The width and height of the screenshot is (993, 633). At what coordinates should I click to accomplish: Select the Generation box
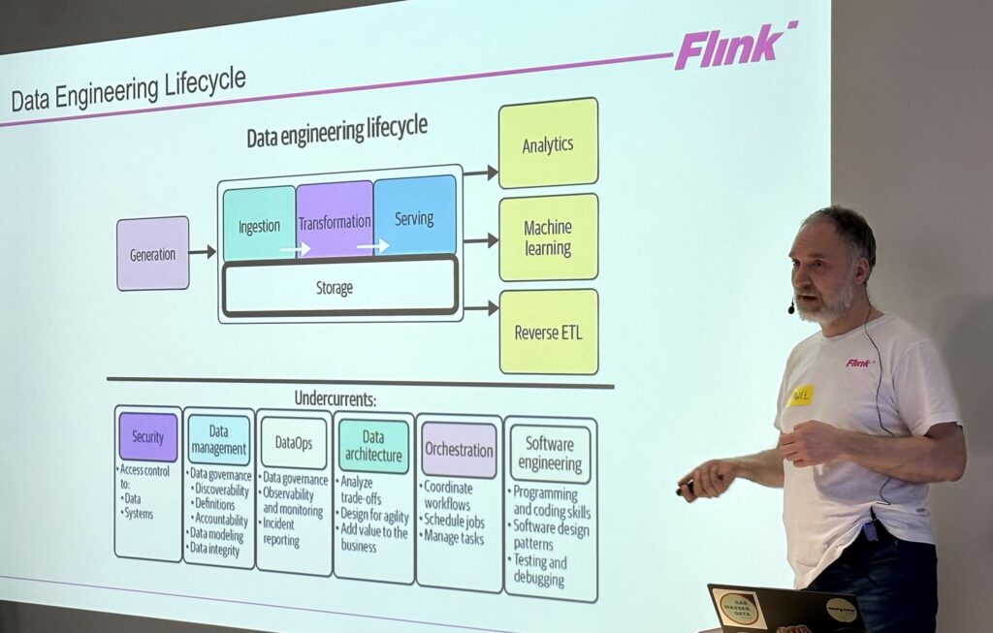(x=152, y=254)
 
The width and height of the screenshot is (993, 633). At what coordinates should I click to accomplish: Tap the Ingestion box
(x=259, y=225)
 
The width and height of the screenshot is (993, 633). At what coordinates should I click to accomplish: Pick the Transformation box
(x=334, y=220)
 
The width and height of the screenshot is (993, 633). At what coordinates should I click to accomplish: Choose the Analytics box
(x=548, y=144)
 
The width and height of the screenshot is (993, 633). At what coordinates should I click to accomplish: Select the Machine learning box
(x=548, y=237)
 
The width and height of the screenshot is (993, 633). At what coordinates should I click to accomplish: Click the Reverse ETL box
(x=549, y=332)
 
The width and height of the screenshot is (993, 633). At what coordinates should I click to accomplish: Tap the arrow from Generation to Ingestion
(x=202, y=252)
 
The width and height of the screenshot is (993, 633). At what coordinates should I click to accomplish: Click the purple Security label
(x=147, y=437)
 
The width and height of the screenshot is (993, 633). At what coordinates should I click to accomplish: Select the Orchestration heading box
(x=459, y=450)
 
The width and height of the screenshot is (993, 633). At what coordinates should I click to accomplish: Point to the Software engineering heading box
(x=549, y=454)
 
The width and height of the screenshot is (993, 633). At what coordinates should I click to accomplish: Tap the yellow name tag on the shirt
(x=801, y=396)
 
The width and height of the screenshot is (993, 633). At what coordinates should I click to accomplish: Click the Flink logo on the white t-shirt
(x=858, y=363)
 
